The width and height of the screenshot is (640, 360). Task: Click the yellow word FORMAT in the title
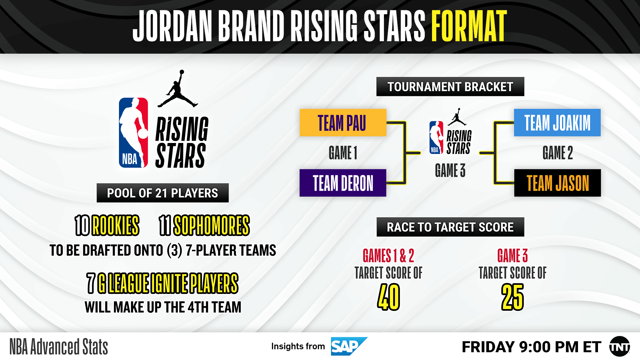point(469,26)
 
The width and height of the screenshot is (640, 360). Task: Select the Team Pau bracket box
point(343,123)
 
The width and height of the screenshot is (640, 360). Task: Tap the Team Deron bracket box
point(343,183)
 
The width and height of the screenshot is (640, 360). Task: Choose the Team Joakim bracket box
point(557,123)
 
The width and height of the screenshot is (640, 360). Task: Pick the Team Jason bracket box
point(557,183)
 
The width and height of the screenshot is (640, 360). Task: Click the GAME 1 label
point(343,153)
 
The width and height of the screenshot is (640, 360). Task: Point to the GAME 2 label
point(557,153)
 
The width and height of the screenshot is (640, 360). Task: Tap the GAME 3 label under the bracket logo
point(450,170)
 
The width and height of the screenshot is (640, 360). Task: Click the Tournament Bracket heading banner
point(450,87)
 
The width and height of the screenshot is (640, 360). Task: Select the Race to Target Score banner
point(450,227)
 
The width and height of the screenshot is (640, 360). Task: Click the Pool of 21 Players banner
point(162,193)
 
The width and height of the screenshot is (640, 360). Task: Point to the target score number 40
point(388,297)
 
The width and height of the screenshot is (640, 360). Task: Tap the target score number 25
point(512,297)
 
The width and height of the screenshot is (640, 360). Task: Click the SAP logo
point(348,346)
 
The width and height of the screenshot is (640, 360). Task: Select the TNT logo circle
point(619,347)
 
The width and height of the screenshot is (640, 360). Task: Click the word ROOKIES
point(115,225)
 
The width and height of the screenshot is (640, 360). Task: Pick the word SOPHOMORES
point(212,225)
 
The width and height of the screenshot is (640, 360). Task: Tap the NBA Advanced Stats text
point(59,347)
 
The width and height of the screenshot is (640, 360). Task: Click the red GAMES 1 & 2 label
point(388,256)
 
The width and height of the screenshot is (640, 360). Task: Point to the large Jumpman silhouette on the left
point(178,90)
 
